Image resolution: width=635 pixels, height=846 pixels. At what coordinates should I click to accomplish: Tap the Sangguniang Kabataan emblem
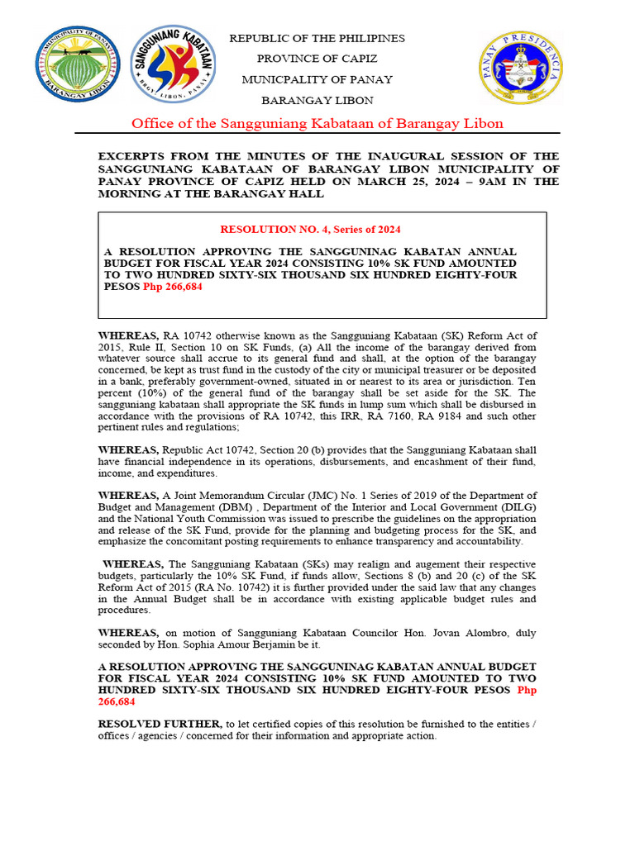click(x=173, y=64)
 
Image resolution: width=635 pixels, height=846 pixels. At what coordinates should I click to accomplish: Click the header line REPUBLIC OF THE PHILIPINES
click(x=317, y=39)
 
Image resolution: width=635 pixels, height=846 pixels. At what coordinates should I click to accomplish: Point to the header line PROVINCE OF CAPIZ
click(x=317, y=59)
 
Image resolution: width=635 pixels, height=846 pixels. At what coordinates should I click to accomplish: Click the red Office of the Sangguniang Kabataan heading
click(x=317, y=124)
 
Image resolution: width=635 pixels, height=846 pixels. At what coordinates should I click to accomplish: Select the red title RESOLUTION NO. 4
click(x=310, y=229)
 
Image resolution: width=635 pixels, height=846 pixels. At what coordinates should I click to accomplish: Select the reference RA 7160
click(x=418, y=416)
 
